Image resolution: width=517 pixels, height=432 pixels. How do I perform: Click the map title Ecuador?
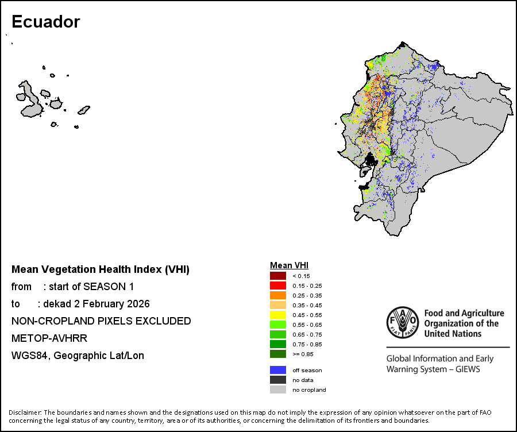(x=45, y=22)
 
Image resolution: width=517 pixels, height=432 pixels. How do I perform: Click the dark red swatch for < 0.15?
(x=278, y=276)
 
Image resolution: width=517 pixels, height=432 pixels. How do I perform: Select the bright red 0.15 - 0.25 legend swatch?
(x=278, y=286)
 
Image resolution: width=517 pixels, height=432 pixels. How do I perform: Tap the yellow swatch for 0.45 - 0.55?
(x=278, y=315)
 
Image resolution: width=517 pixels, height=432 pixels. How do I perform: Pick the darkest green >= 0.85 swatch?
(x=278, y=354)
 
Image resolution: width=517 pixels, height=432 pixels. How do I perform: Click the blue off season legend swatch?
(x=278, y=370)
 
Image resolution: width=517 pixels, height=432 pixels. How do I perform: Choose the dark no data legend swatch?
(x=278, y=380)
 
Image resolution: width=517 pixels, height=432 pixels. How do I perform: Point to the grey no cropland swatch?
(x=278, y=389)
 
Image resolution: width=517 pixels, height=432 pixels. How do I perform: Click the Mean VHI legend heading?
(x=289, y=265)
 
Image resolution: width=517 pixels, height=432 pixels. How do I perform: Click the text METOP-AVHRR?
(x=49, y=338)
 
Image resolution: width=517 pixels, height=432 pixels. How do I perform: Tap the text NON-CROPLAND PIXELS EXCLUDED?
(x=101, y=321)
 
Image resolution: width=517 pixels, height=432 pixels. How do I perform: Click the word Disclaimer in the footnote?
(x=25, y=412)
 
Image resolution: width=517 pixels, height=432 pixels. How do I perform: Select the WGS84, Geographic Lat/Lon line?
(x=78, y=356)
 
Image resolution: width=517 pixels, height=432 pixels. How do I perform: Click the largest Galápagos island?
(x=29, y=99)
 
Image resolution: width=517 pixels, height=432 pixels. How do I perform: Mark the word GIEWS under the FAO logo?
(x=467, y=369)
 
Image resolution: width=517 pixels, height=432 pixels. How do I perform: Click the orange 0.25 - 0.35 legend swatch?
(x=278, y=295)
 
